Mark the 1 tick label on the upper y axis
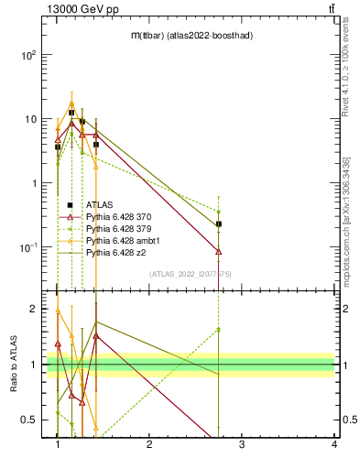(x=34, y=183)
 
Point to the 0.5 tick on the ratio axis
(x=29, y=420)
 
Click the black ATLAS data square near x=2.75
(x=219, y=224)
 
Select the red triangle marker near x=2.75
(x=219, y=251)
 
